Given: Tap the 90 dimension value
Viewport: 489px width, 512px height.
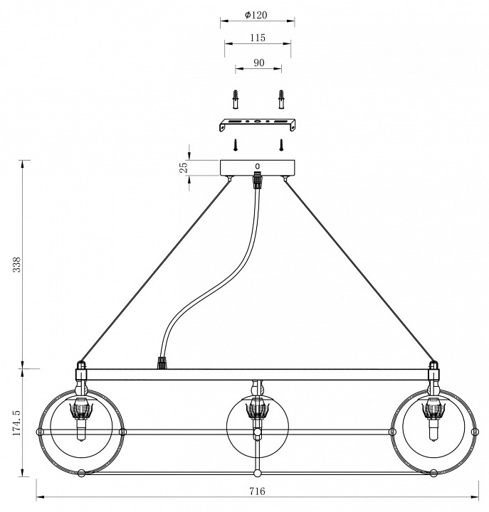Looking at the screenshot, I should pos(258,63).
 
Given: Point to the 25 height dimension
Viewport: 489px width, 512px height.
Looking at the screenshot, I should pos(183,168).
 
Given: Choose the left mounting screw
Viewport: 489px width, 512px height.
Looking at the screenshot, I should pos(235,145).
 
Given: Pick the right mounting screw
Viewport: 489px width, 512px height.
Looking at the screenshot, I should pos(282,145).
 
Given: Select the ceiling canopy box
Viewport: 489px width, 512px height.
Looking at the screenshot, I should pos(258,168).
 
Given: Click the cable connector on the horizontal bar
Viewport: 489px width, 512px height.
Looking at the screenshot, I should pos(162,363).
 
